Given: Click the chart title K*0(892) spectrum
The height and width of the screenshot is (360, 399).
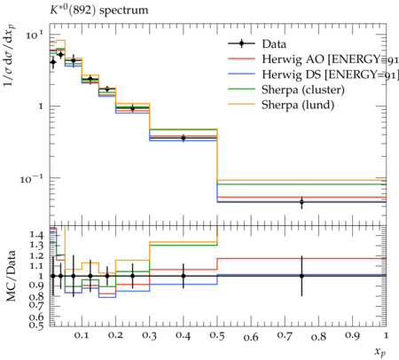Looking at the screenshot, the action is coord(98,11).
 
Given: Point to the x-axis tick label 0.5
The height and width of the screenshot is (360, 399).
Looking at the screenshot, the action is coord(217,335).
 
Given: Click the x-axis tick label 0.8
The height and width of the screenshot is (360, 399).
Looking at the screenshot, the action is coord(318,337).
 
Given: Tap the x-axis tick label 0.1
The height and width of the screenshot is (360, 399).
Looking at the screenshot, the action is coord(82,335).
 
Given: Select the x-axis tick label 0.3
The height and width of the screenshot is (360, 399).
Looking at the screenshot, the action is coord(149,335).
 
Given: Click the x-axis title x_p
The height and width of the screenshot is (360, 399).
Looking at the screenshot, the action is coord(380,352).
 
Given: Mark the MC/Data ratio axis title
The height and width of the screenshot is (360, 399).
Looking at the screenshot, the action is coord(11,276).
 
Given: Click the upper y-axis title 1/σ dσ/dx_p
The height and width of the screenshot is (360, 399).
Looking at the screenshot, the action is coord(10,55).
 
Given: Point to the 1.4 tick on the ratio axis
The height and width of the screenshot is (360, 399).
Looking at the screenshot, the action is coord(36,235).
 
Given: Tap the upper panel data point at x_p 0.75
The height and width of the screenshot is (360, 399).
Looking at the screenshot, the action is coord(301,202).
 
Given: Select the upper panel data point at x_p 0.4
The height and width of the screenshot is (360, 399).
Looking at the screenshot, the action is coord(184,137).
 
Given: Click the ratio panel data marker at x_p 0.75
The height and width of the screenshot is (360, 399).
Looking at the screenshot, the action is coord(301,276).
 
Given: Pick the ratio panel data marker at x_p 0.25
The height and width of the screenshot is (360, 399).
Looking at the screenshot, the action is coord(132,276).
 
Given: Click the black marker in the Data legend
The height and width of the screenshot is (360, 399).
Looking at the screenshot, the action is coord(241,43).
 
